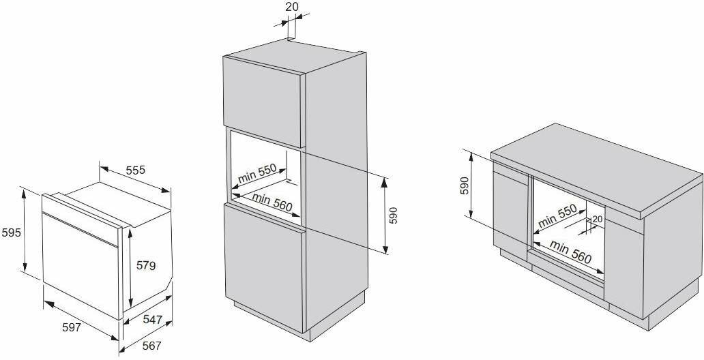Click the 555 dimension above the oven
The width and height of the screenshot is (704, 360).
135,170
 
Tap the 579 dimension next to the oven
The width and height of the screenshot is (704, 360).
144,265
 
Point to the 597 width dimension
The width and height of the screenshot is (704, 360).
71,327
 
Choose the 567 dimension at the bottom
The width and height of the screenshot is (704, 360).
151,346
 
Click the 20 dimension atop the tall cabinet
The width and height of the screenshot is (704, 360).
291,6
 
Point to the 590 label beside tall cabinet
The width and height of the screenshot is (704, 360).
393,215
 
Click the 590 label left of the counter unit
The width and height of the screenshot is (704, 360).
465,185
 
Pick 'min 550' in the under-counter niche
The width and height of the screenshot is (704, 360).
557,217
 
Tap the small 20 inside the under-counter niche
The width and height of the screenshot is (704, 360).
598,219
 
